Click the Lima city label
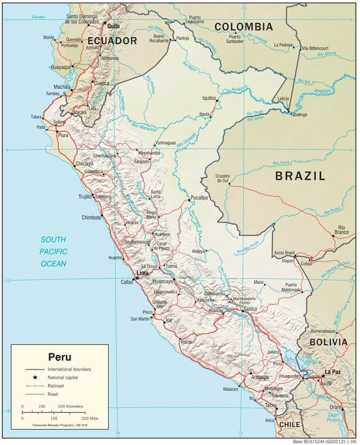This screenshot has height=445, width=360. pos(142,273)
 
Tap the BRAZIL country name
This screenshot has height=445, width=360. pos(300,176)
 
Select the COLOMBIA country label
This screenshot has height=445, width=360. pos(243,27)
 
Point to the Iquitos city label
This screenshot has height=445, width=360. pos(208,98)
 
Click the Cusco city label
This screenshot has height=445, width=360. pos(250,309)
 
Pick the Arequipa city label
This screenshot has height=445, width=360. pos(260,377)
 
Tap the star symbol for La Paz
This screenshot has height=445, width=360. pos(323,376)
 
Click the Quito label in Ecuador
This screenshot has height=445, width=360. pos(113,26)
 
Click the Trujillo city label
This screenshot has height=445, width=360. pos(84,197)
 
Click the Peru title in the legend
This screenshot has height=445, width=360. pos(59,357)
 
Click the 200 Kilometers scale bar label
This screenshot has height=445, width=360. pos(70,407)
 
